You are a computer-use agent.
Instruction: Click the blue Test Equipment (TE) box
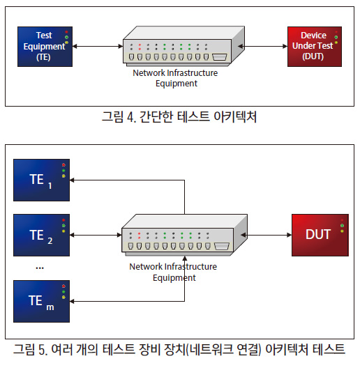point(45,47)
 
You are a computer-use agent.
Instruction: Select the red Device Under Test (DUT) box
point(315,47)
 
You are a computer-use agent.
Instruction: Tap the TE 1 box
point(41,180)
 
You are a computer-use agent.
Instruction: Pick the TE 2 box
point(41,235)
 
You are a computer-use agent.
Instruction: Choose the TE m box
point(41,301)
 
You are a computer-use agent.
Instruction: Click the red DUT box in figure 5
point(320,235)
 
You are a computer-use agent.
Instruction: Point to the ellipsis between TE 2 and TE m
point(40,268)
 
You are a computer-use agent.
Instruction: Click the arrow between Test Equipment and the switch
point(98,46)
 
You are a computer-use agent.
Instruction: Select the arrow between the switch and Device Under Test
point(263,46)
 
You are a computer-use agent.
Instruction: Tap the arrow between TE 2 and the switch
point(96,235)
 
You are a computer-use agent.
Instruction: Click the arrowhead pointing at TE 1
point(72,180)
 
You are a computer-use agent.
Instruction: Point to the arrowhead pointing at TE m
point(72,301)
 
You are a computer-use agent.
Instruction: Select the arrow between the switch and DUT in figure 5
point(267,235)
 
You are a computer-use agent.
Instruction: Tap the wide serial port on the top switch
point(220,57)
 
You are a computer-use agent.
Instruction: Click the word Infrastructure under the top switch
point(192,73)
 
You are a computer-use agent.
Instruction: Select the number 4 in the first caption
point(131,117)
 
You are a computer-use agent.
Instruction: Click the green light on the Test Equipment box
point(66,38)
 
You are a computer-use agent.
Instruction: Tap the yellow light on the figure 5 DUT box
point(342,231)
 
